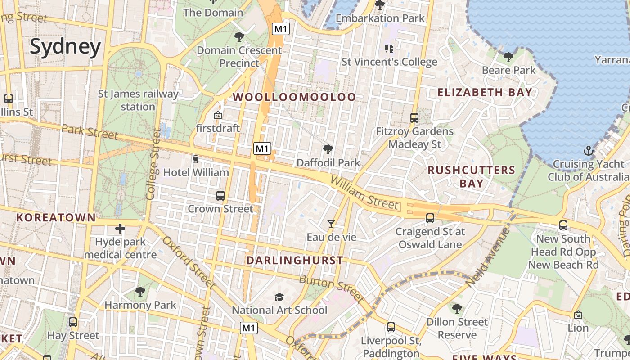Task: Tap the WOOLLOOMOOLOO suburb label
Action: point(294,97)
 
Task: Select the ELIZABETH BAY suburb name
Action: point(485,92)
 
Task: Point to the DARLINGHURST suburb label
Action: point(295,260)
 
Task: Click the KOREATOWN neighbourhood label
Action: point(56,218)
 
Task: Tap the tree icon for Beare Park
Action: point(508,57)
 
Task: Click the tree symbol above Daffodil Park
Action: point(328,149)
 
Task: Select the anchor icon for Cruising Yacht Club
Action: point(588,151)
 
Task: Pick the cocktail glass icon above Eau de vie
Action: point(331,224)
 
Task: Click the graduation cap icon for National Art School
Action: point(279,297)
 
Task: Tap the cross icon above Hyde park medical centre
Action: point(120,229)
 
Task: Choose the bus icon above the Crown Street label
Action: point(220,195)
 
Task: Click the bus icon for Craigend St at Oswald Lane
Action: point(430,218)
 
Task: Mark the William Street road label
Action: point(364,193)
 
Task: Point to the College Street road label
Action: point(153,164)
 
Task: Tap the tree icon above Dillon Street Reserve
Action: point(457,309)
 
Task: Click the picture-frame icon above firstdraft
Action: point(217,115)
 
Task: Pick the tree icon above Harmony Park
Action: point(140,292)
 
